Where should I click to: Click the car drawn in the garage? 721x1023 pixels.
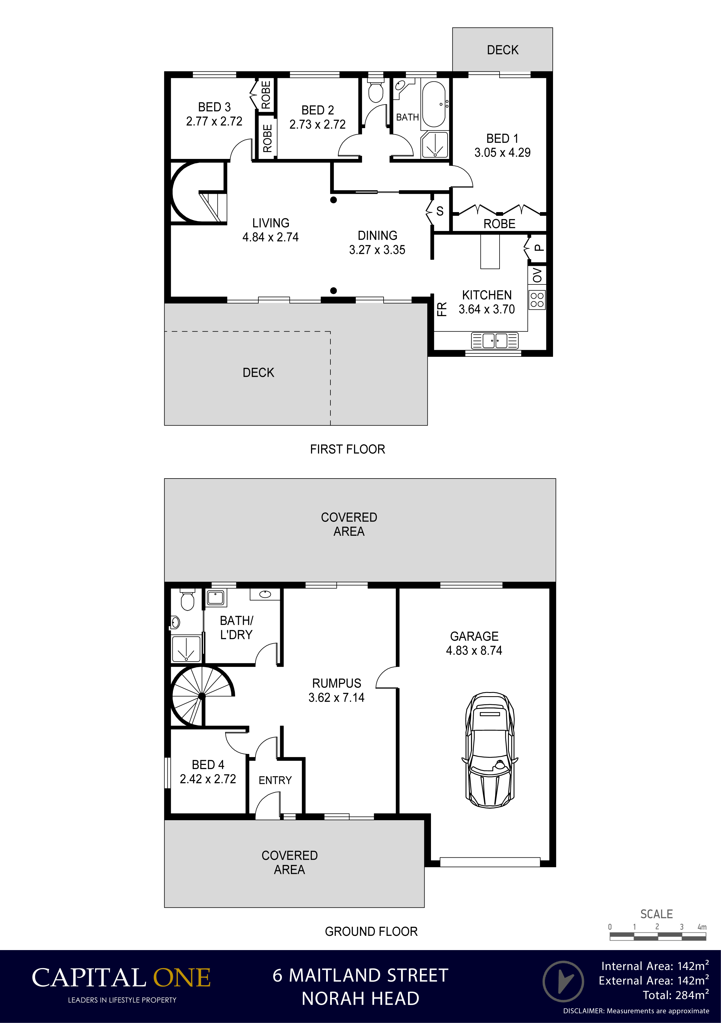coord(490,750)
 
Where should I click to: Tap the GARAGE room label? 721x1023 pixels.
coord(474,636)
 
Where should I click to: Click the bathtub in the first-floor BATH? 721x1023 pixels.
coord(434,104)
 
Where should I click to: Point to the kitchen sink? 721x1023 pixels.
coord(495,341)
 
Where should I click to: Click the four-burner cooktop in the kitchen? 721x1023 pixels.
coord(537,300)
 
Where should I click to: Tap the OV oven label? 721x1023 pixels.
coord(537,275)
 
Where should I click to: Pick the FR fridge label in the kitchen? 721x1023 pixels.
coord(442,309)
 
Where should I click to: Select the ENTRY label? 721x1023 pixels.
coord(275,780)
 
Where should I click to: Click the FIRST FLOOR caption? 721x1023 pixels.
coord(348,449)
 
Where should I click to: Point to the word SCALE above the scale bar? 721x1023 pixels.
coord(656,914)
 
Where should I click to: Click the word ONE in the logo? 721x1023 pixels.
coord(182,978)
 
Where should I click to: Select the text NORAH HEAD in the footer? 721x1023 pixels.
coord(360,999)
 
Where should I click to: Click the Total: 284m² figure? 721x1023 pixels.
coord(676,995)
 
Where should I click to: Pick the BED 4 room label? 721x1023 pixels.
coord(208,765)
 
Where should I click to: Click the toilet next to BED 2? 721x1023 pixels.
coord(376,91)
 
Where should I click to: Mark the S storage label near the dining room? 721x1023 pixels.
coord(440,211)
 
